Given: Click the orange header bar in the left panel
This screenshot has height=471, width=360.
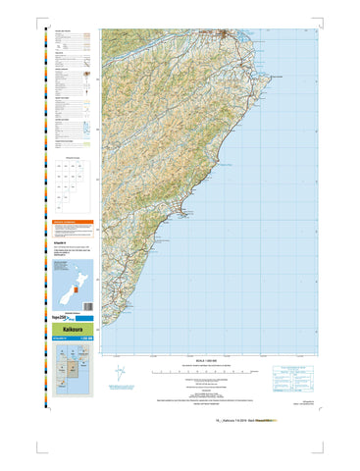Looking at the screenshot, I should (73, 223).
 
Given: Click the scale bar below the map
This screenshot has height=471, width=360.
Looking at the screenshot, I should (192, 370).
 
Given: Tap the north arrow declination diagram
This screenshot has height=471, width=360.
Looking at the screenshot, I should (121, 374).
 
